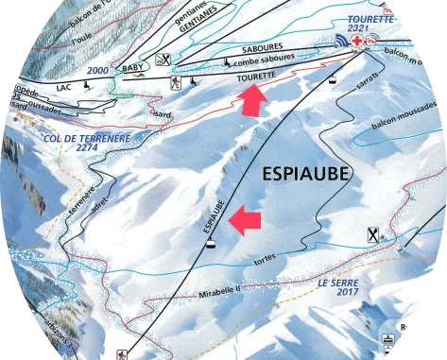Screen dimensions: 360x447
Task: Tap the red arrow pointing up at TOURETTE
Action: [x=250, y=100]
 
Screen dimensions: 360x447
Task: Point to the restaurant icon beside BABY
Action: [x=167, y=59]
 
